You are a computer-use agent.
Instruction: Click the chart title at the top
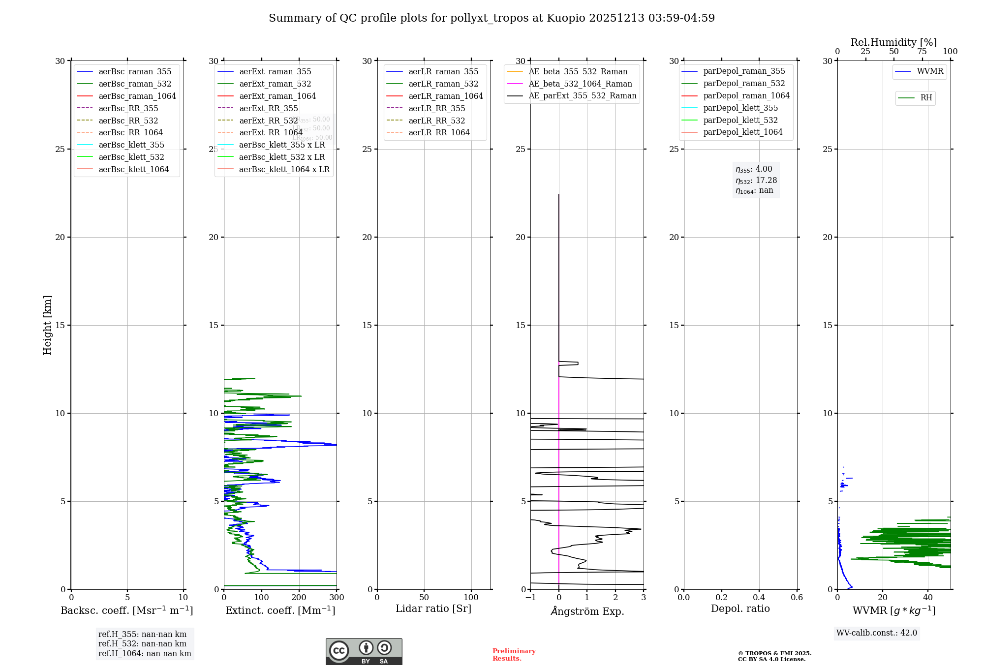tap(492, 18)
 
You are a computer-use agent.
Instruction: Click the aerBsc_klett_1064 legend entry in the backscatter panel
tap(133, 169)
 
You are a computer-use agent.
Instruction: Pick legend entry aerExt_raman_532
tap(275, 84)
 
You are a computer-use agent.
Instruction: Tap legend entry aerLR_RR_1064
tap(439, 132)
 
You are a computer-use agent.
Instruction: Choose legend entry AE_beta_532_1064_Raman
tap(580, 84)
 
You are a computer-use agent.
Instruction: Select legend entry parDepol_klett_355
tap(740, 108)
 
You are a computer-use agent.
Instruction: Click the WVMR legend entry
tap(930, 71)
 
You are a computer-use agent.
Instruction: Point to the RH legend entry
tap(926, 98)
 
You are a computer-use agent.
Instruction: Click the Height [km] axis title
tap(47, 325)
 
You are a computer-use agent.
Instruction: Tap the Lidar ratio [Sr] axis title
tap(433, 608)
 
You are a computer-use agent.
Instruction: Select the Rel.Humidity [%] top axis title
tap(893, 42)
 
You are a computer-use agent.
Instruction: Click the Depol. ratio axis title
tap(740, 608)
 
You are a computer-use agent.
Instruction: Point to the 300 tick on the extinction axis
tap(337, 598)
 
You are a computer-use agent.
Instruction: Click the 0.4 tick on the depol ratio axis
tap(759, 598)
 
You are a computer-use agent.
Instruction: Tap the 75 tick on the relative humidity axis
tap(922, 52)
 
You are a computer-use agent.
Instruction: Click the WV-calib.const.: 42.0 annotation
tap(877, 633)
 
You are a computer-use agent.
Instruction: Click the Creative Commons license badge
tap(364, 651)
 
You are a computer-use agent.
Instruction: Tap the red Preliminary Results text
tap(514, 655)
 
